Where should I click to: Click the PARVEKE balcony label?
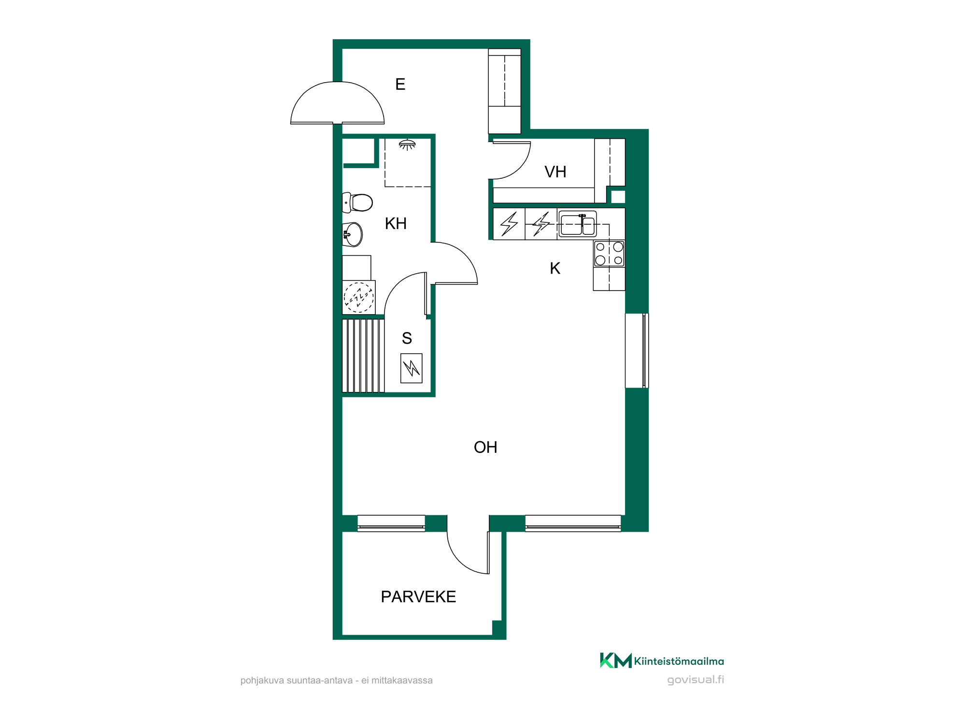(x=418, y=597)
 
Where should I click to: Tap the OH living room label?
(x=485, y=448)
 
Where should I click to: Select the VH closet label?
(x=555, y=172)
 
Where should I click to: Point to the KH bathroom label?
(x=396, y=224)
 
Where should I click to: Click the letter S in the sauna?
(x=407, y=338)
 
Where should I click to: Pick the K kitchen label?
(x=555, y=268)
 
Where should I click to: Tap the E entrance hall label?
(x=400, y=85)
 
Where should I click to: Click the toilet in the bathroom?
(x=357, y=203)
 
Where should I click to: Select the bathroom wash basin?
(x=353, y=234)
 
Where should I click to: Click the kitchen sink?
(x=578, y=224)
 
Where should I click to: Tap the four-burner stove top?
(x=609, y=254)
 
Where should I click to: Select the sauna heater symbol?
(x=412, y=368)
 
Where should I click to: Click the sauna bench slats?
(x=363, y=355)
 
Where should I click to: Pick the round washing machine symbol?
(x=359, y=297)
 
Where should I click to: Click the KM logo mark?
(x=616, y=660)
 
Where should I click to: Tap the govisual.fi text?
(x=696, y=680)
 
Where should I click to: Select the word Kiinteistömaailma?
(x=679, y=661)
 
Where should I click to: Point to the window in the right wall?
(x=637, y=350)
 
